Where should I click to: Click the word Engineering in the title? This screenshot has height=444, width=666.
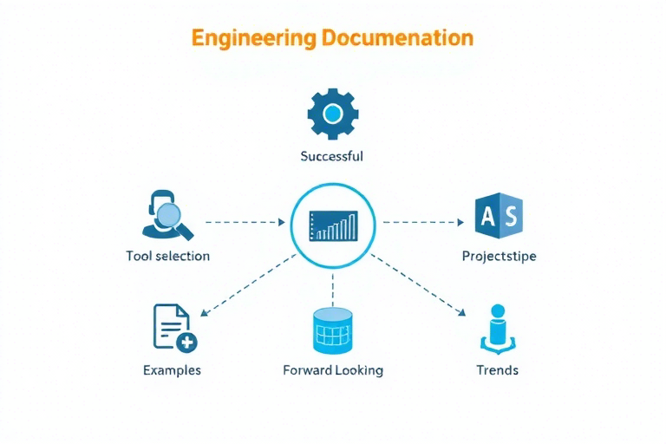pos(254,39)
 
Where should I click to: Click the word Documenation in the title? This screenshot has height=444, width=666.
pos(397,38)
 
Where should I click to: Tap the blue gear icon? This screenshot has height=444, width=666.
pos(333,114)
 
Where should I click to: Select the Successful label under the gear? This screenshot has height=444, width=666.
pos(332,156)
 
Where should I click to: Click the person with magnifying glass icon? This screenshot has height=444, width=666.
pos(167,215)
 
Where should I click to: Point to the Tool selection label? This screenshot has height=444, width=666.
pos(167,256)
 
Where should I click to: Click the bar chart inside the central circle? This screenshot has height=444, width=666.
pos(333,226)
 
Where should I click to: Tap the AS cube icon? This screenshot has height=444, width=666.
pos(499,215)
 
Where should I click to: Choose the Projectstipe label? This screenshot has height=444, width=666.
pos(499,256)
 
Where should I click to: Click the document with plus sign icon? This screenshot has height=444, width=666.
pos(175,328)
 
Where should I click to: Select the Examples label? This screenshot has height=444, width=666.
pos(172,370)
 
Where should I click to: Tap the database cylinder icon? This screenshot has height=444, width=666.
pos(333,331)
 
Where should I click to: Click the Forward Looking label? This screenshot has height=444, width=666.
pos(333,370)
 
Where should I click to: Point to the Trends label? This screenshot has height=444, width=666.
pos(498,370)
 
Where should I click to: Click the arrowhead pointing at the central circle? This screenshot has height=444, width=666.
pos(282,222)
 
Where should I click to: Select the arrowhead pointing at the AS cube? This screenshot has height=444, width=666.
pos(460,222)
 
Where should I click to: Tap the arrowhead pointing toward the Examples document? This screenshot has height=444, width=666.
pos(204,313)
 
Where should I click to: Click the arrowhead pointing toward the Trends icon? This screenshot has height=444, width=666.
pos(461,313)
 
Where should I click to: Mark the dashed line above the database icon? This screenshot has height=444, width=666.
pos(333,291)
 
